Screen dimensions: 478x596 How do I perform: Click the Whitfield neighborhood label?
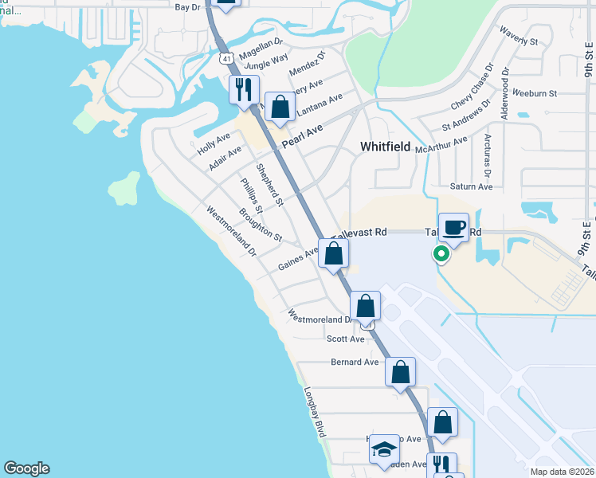(x=385, y=147)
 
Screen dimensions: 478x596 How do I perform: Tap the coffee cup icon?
(x=453, y=227)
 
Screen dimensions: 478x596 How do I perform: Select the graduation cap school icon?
(x=384, y=449)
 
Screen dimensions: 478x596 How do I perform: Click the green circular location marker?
(x=440, y=254)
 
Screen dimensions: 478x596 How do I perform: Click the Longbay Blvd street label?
(x=316, y=413)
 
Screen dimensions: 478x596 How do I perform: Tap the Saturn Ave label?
(x=473, y=186)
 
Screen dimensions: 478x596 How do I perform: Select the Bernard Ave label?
(x=355, y=362)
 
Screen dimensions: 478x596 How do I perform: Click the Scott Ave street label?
(x=345, y=339)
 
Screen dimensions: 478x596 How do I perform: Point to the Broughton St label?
(x=260, y=225)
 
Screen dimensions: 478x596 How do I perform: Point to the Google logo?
(x=26, y=468)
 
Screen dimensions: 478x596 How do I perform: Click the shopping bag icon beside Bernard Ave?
(x=400, y=372)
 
